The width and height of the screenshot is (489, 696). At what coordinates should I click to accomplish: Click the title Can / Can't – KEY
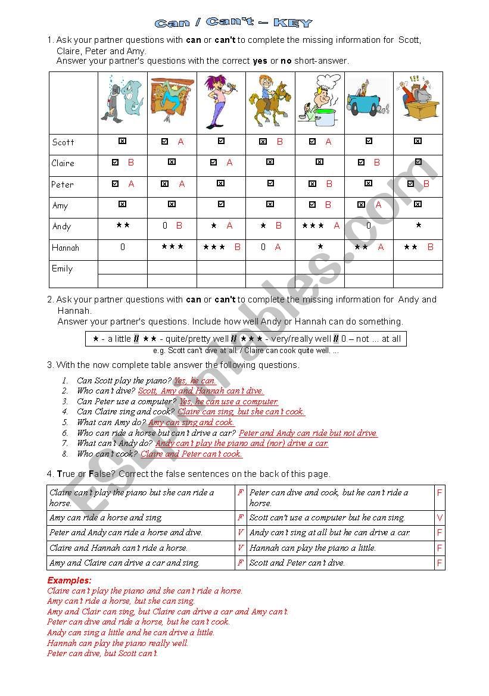[x=233, y=23]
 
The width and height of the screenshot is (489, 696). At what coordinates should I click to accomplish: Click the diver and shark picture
[x=123, y=102]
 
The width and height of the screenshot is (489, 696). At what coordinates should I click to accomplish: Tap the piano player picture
[x=172, y=102]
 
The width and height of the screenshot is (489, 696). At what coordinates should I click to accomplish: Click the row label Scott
[x=63, y=142]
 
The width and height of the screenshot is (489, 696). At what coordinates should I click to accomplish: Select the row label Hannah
[x=66, y=248]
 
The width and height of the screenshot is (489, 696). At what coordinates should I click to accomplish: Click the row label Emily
[x=63, y=269]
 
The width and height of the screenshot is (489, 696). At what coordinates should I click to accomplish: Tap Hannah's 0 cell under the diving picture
[x=123, y=247]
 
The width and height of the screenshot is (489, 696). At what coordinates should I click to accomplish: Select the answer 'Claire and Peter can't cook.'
[x=191, y=454]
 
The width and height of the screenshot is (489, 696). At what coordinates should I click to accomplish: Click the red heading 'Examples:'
[x=69, y=580]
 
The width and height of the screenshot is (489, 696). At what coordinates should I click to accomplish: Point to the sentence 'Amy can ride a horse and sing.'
[x=105, y=518]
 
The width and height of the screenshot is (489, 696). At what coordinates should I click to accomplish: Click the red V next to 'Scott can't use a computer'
[x=440, y=518]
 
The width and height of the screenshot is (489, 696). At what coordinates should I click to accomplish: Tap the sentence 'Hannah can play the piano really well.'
[x=117, y=643]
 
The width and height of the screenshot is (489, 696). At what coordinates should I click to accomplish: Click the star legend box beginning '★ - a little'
[x=247, y=339]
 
